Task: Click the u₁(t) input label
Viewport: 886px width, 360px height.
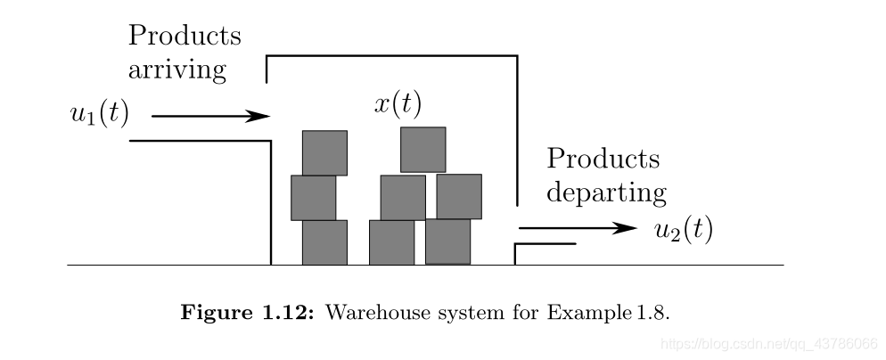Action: (x=99, y=116)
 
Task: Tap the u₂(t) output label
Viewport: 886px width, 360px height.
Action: (x=683, y=230)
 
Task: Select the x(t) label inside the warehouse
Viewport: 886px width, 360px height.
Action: (x=398, y=104)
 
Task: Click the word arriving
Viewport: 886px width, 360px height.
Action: (x=176, y=70)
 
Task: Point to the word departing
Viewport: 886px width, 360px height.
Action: (x=606, y=192)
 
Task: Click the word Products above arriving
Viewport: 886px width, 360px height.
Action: (x=185, y=36)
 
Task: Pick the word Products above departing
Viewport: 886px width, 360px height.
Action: (x=603, y=159)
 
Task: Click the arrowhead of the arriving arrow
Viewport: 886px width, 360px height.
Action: (x=259, y=116)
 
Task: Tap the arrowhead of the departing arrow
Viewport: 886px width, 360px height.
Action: (x=628, y=229)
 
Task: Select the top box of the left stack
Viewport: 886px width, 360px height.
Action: (x=324, y=152)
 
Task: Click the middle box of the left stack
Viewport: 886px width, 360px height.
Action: (x=314, y=198)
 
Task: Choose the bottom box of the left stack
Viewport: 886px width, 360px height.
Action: (x=324, y=242)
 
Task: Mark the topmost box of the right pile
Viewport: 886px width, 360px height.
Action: (x=422, y=149)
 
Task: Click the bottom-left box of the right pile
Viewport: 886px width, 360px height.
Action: (x=391, y=242)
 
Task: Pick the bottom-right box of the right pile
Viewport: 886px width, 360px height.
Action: (x=447, y=241)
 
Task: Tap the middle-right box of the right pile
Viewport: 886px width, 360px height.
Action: (x=459, y=196)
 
